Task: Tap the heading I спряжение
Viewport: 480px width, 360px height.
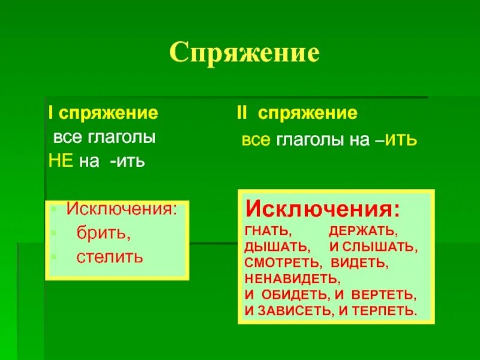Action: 103,113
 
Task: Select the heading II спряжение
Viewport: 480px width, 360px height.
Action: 296,113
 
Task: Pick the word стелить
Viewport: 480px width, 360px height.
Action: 110,257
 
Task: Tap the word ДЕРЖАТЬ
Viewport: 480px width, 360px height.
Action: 363,230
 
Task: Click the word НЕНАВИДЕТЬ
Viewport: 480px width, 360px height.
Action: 292,278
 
